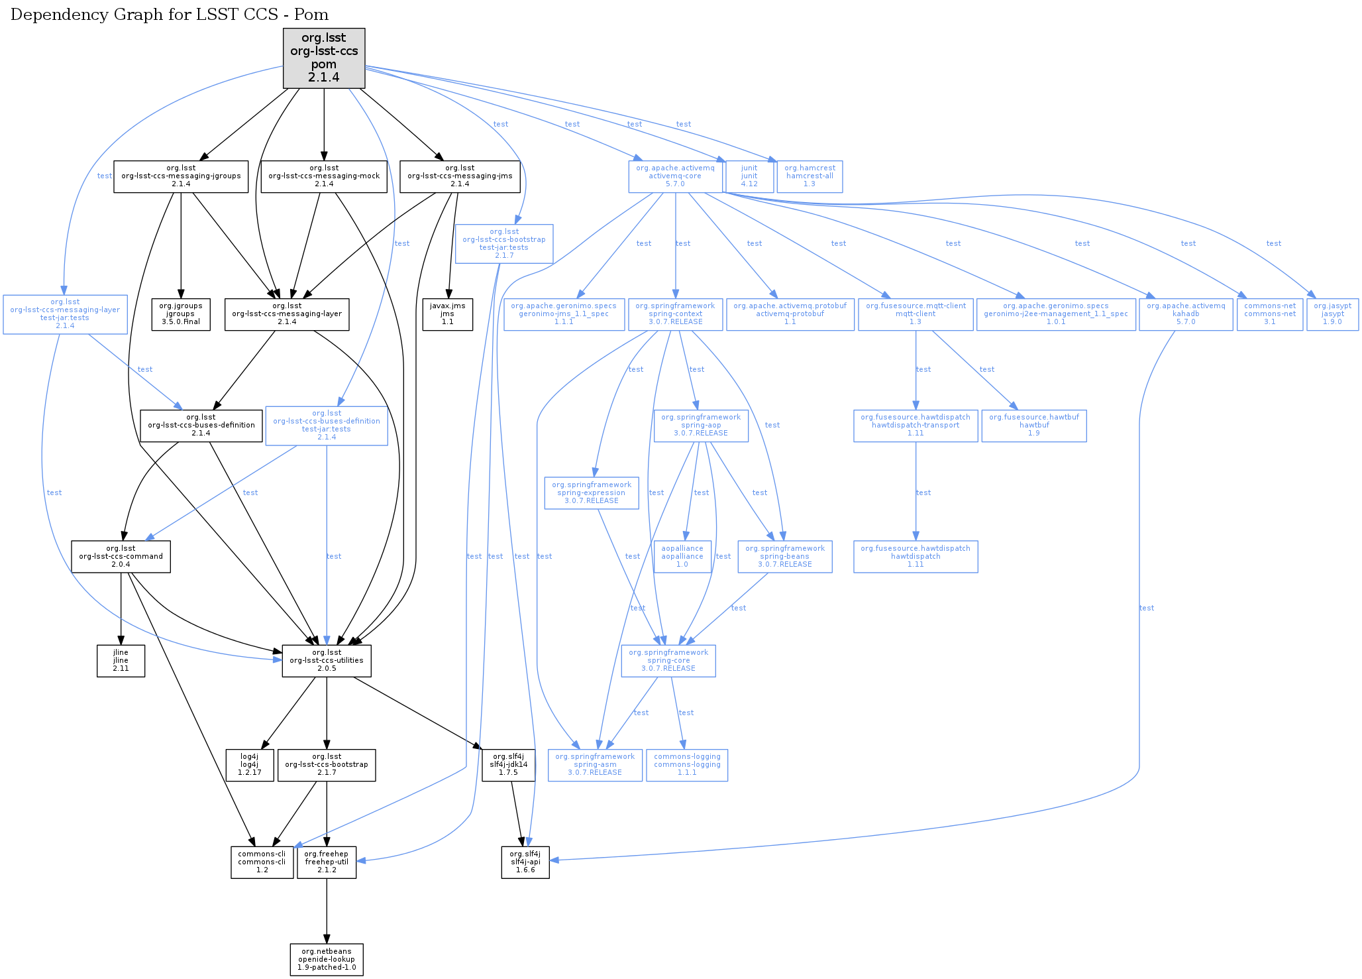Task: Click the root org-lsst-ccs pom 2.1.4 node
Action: point(324,58)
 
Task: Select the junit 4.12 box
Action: point(749,176)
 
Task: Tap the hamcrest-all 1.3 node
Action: point(810,176)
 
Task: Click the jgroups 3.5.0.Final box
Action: point(181,314)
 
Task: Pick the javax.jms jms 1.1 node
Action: point(448,314)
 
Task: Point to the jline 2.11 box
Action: point(121,661)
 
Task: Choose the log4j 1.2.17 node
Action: point(250,765)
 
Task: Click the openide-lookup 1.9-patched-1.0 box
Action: point(327,959)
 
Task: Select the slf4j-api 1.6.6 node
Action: point(525,862)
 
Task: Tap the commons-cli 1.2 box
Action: point(262,862)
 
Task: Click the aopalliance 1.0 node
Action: point(682,557)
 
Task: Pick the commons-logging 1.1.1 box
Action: point(687,765)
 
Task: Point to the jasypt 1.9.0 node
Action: point(1332,314)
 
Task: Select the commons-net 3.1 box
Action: point(1269,314)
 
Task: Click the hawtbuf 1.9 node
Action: point(1034,426)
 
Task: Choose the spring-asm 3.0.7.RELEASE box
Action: point(595,765)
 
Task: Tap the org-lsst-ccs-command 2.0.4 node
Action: point(121,557)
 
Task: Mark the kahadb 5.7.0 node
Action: point(1186,314)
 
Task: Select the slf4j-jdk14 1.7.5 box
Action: point(509,765)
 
